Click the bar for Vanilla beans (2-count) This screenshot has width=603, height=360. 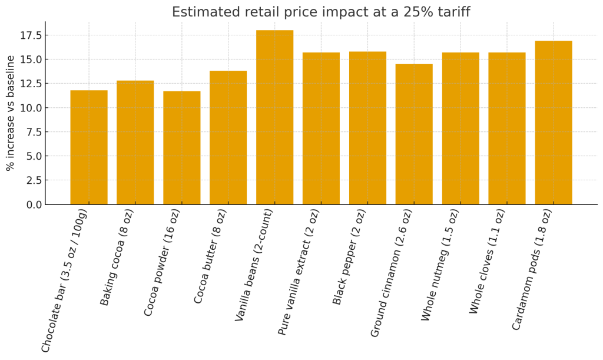tap(274, 117)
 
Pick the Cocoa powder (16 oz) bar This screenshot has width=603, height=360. tap(181, 148)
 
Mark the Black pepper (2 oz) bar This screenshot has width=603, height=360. tap(367, 128)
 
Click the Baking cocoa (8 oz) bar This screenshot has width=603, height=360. tap(135, 143)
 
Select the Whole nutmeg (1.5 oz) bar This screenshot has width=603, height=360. tap(460, 128)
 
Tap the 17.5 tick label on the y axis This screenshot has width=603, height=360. tap(30, 35)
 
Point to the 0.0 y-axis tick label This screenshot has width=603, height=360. tap(33, 204)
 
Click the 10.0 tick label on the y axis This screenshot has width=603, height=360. tap(30, 108)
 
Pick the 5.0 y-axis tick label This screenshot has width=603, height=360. tap(33, 156)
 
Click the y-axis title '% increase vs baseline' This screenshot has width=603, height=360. tap(11, 113)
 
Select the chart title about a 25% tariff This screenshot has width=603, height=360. tap(321, 12)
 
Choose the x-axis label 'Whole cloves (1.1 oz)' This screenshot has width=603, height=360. tap(488, 261)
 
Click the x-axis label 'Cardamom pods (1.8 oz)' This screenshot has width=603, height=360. tap(532, 269)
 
